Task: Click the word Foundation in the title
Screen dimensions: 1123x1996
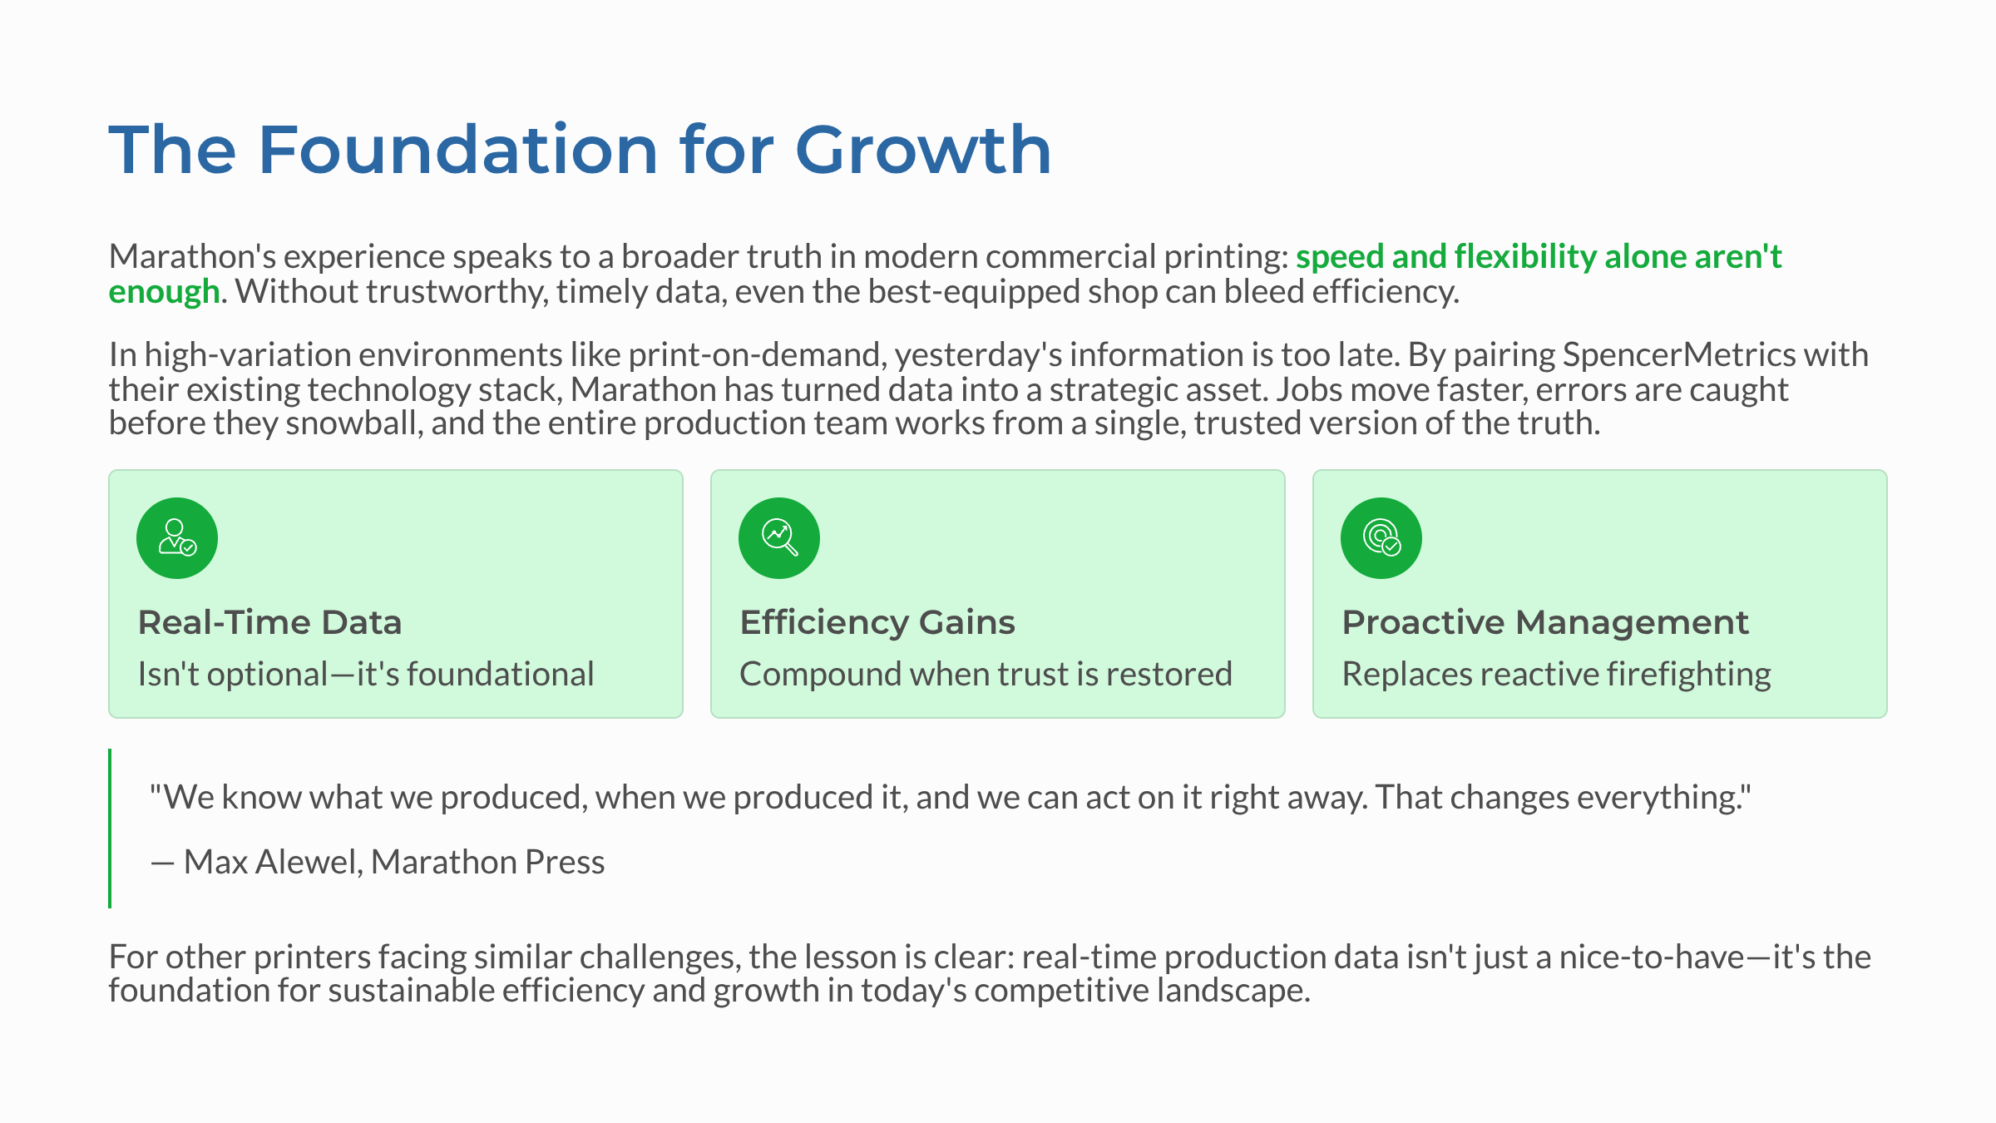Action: point(458,150)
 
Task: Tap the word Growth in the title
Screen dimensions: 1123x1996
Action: point(923,150)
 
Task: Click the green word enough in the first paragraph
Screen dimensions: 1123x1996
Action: point(164,292)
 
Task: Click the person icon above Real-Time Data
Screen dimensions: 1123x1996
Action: point(177,538)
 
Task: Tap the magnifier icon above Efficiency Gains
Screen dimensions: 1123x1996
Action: point(779,538)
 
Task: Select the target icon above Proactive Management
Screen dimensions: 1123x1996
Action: point(1381,538)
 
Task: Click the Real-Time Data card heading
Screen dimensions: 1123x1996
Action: point(269,622)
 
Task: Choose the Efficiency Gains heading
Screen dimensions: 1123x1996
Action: point(877,622)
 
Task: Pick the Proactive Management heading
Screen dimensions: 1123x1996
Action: point(1545,622)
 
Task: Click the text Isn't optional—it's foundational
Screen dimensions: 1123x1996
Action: point(366,674)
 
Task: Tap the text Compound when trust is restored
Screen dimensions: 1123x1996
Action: point(986,674)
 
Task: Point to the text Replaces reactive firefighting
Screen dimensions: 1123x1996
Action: point(1556,674)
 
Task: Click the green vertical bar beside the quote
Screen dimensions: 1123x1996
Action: point(110,828)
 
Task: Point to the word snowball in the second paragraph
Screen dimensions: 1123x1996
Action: point(354,423)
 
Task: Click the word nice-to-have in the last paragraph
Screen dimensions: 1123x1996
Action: point(1651,957)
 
